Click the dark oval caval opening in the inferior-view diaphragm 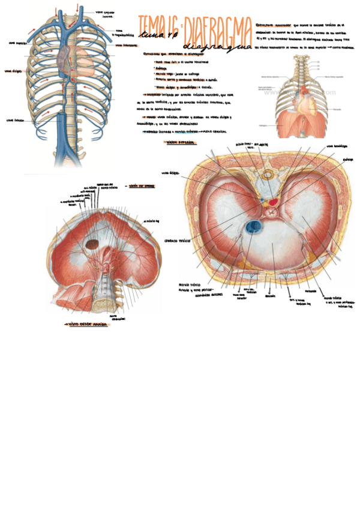[92, 244]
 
